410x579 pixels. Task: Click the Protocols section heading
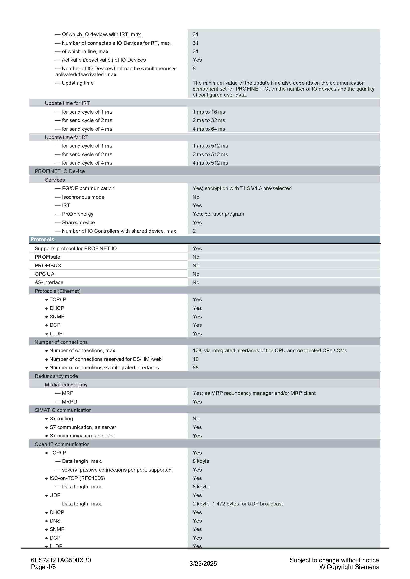coord(42,239)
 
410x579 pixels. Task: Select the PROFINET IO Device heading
coord(60,171)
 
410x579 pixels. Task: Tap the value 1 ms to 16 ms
coord(209,112)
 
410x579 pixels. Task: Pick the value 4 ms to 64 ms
coord(209,129)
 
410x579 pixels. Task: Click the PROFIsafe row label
coord(47,257)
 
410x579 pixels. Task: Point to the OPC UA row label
coord(44,274)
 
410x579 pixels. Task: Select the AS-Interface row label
coord(49,282)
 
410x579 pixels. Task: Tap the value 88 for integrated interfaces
coord(195,368)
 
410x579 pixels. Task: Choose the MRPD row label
coord(69,402)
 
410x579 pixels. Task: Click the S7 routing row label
coord(61,419)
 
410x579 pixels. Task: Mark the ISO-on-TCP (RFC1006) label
coord(77,478)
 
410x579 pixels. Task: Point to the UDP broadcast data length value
coord(237,504)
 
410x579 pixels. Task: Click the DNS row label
coord(55,521)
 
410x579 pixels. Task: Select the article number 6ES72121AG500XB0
coord(61,560)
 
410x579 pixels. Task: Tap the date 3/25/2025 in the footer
coord(203,564)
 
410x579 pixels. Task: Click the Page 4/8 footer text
coord(43,567)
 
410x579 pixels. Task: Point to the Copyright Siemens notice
coord(349,567)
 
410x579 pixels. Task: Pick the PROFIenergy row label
coord(78,214)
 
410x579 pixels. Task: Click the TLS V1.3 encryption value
coord(242,188)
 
